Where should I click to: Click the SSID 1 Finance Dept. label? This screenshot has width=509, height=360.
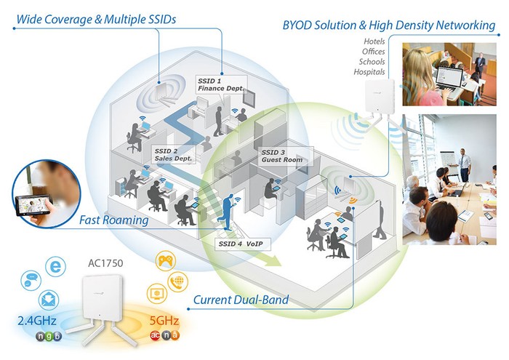pos(222,84)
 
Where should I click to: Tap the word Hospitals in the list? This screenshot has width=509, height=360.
pos(369,72)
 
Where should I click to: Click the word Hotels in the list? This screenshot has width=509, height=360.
pos(374,41)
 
